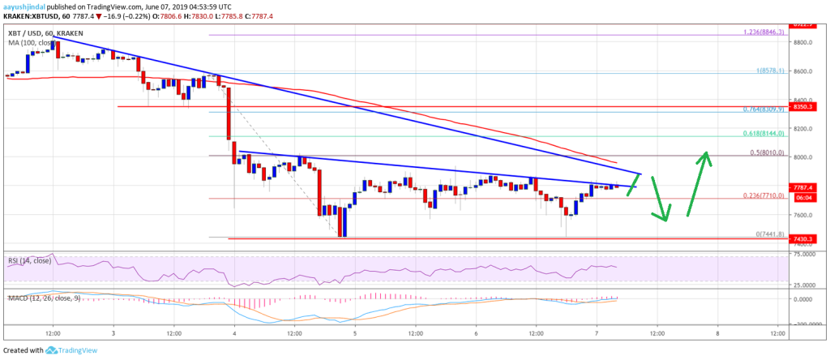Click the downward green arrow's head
[x=665, y=217]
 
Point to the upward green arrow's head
[x=708, y=154]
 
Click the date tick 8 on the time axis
[x=717, y=333]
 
